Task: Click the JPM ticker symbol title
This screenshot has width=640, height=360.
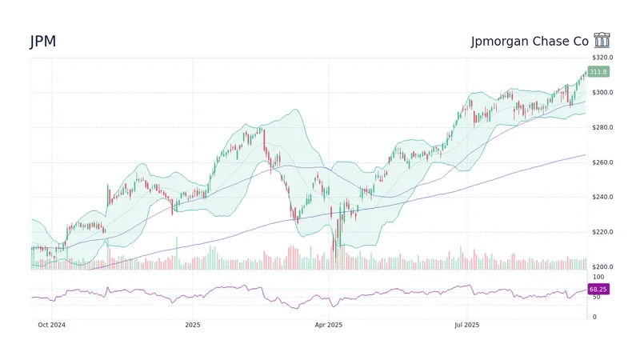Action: pos(43,42)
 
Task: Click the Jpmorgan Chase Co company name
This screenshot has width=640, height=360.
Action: pos(530,42)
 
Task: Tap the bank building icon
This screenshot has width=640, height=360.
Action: pos(602,41)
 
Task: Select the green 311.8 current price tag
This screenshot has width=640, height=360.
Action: pos(598,72)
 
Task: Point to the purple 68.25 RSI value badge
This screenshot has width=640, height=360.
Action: pos(598,289)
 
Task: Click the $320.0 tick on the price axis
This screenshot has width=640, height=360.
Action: pos(602,58)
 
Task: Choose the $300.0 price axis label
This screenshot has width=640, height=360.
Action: pos(602,93)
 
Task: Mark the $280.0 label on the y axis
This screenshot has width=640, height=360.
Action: pos(602,127)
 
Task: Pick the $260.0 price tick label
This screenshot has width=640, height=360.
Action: pos(602,162)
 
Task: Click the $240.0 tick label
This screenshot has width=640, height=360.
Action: pos(602,197)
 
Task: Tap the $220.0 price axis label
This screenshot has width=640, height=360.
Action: pos(602,232)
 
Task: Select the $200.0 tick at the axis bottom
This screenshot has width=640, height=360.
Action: pos(602,266)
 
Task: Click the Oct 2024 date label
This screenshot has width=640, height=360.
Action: pos(51,325)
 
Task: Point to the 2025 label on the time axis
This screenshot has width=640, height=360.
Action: pos(192,325)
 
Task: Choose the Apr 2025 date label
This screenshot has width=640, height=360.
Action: pos(328,325)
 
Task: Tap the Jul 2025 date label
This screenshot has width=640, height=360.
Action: pos(466,325)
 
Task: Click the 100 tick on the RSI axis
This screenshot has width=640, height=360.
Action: pos(597,277)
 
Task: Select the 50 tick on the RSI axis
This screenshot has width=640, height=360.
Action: pos(595,297)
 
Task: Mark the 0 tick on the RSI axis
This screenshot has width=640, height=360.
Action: pos(594,317)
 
